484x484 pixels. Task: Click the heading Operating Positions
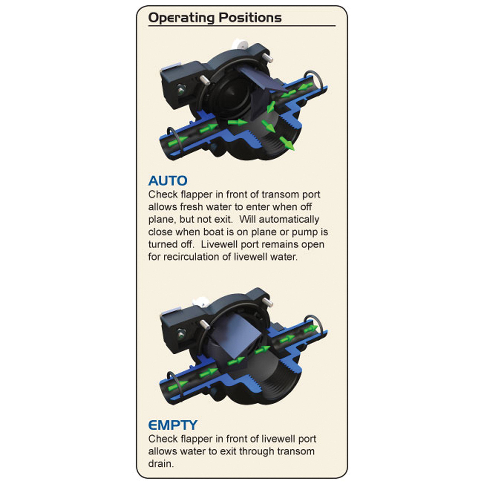[x=215, y=18]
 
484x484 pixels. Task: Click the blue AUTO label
[x=168, y=181]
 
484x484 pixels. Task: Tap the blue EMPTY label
[x=173, y=425]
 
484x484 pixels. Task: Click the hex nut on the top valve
[x=181, y=89]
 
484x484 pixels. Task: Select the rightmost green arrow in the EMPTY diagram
[x=311, y=329]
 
